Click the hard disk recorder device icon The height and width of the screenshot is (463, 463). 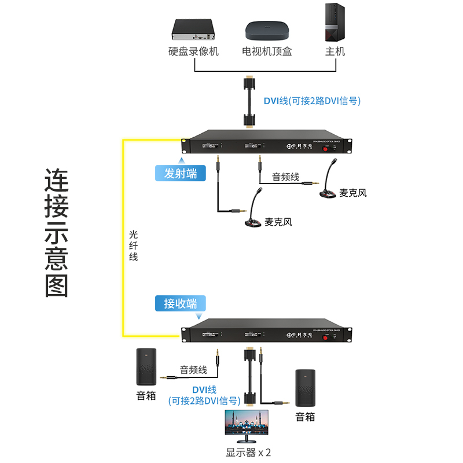click(x=193, y=28)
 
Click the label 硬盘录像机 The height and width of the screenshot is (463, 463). click(x=193, y=52)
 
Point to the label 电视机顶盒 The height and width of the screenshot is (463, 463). click(x=267, y=52)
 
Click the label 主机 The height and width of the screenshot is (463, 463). click(x=335, y=52)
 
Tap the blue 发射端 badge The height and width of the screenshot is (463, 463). click(x=180, y=173)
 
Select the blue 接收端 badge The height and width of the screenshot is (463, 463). click(x=180, y=303)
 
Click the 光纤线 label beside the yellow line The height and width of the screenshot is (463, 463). click(x=133, y=245)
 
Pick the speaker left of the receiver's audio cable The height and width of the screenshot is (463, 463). click(x=146, y=367)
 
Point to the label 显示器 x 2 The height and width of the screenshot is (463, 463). click(x=248, y=452)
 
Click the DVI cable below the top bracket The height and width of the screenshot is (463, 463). click(x=249, y=101)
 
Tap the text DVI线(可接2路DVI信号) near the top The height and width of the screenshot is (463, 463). click(x=312, y=101)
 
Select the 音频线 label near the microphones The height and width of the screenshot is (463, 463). click(x=286, y=177)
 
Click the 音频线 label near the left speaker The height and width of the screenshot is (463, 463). click(x=193, y=370)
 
